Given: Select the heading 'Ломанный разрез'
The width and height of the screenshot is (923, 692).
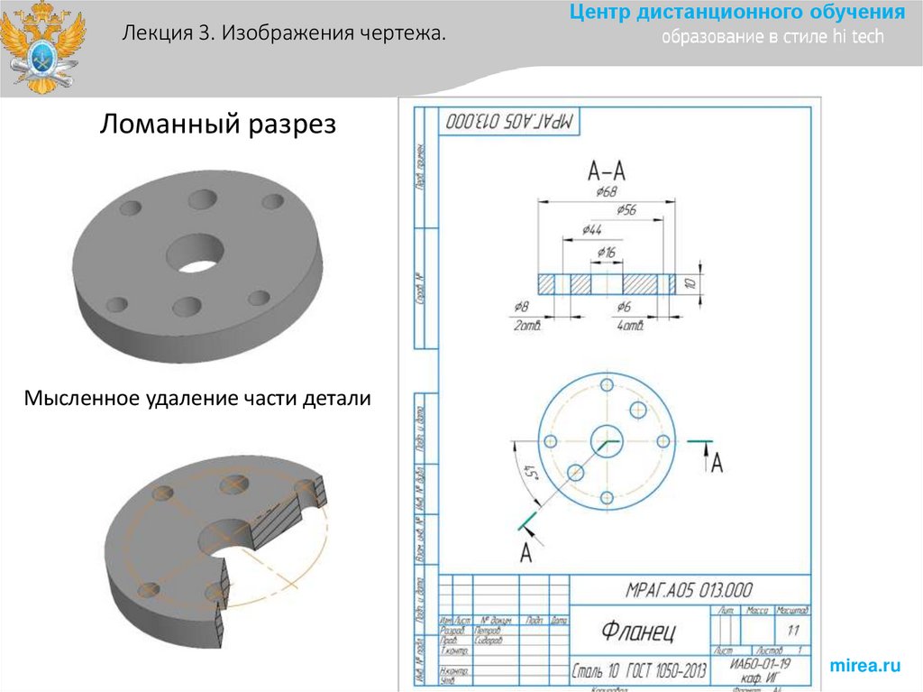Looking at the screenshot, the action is (217, 124).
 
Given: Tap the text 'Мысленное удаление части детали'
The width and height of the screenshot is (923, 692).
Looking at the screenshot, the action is (197, 397).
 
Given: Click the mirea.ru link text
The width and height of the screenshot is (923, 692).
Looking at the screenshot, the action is (864, 666).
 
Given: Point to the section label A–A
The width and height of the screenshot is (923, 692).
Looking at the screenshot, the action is (607, 170).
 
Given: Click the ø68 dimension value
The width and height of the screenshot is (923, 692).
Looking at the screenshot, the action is (606, 191).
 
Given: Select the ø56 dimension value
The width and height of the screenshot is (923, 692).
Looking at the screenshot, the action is (626, 210).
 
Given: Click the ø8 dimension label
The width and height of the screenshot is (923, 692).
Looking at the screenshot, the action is (520, 308).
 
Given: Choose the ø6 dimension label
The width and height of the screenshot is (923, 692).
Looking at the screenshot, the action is (624, 308).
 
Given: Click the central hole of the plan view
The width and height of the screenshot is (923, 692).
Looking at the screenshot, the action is (607, 441).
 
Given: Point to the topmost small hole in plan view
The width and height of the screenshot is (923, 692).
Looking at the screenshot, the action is (607, 385).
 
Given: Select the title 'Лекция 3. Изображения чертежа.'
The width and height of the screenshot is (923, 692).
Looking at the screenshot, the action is (285, 34).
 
